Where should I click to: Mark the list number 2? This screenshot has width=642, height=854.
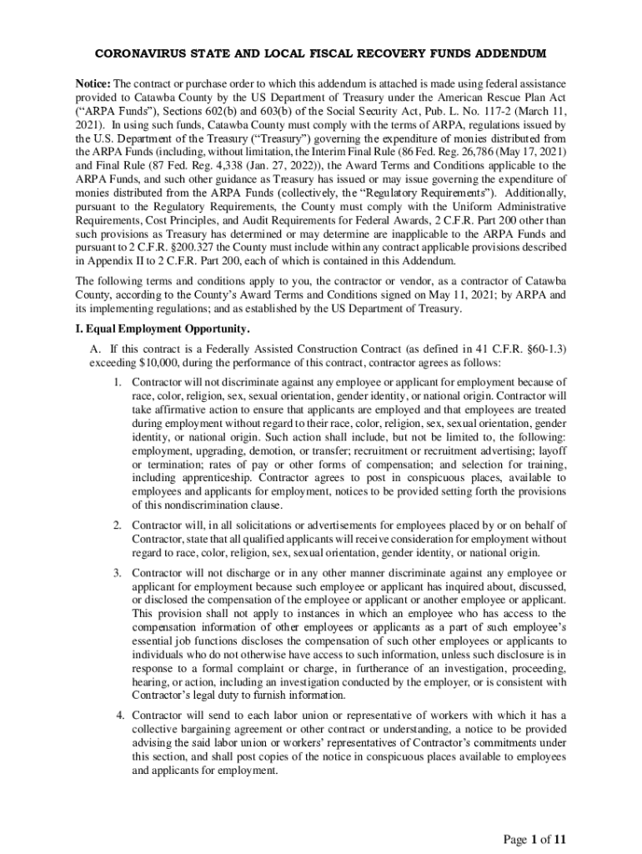coord(118,525)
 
